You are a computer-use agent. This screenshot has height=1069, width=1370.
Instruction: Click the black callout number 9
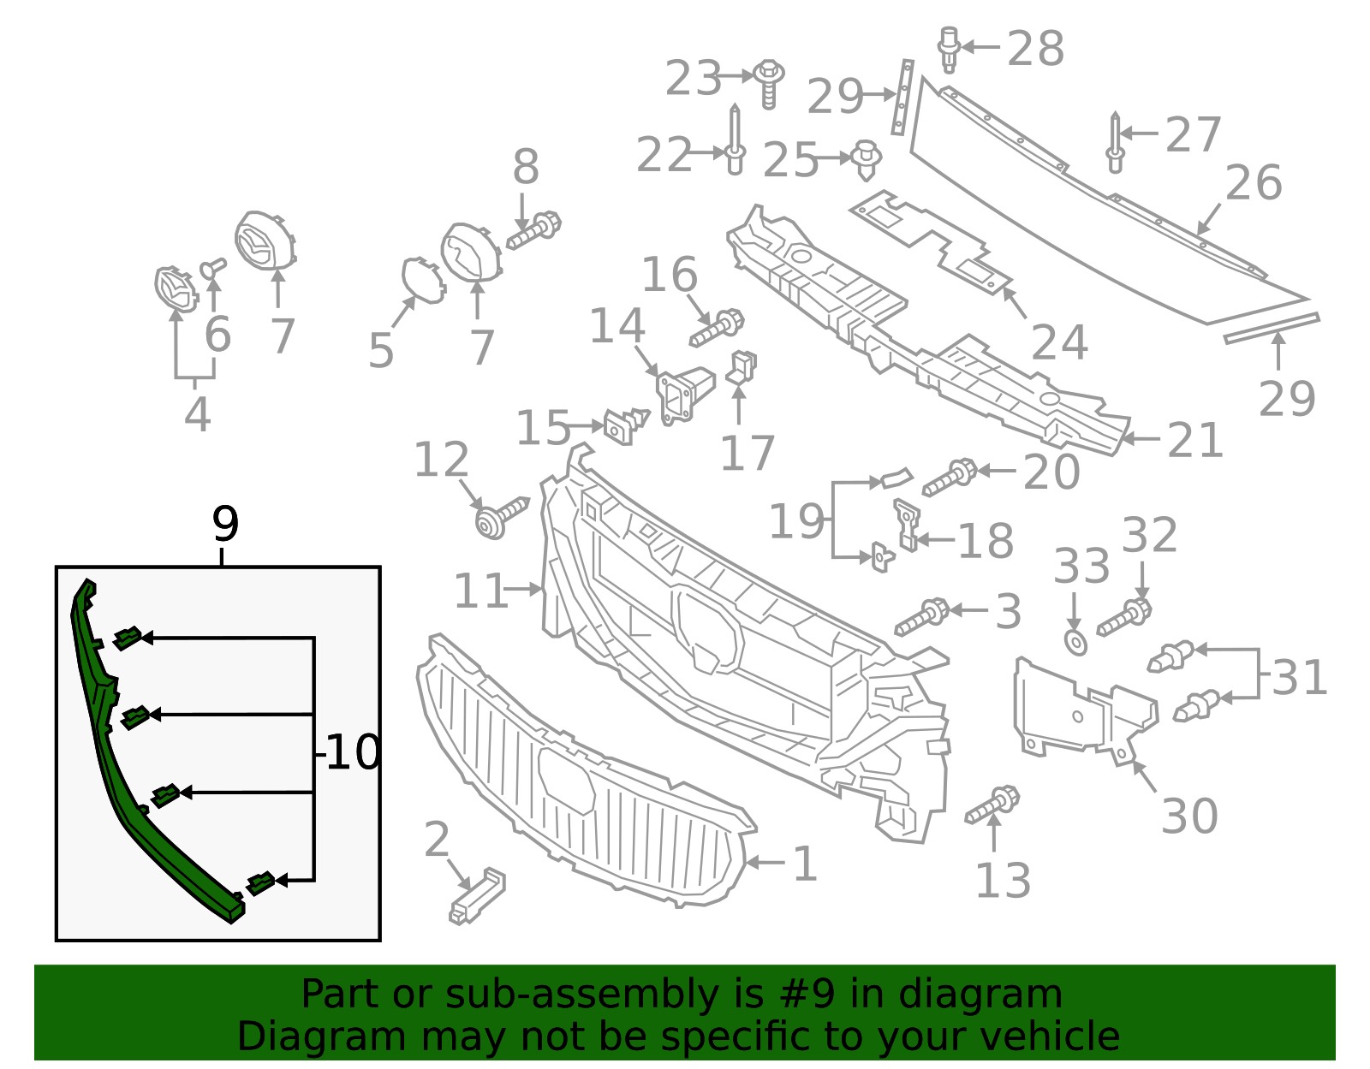[225, 524]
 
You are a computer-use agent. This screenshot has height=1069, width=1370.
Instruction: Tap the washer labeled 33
[1075, 642]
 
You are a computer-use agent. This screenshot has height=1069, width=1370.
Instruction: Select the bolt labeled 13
[993, 805]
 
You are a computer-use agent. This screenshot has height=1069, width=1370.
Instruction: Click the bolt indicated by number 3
[922, 617]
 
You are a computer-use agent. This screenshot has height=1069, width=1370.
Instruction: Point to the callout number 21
[1195, 441]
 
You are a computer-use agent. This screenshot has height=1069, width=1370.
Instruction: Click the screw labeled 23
[769, 82]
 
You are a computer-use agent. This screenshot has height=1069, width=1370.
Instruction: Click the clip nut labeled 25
[867, 160]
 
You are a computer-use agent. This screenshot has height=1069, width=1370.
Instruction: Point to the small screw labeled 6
[211, 269]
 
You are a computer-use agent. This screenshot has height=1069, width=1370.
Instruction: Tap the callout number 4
[197, 415]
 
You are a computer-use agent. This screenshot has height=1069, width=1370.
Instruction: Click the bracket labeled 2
[477, 895]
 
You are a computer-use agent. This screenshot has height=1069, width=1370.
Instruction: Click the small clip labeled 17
[742, 368]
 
